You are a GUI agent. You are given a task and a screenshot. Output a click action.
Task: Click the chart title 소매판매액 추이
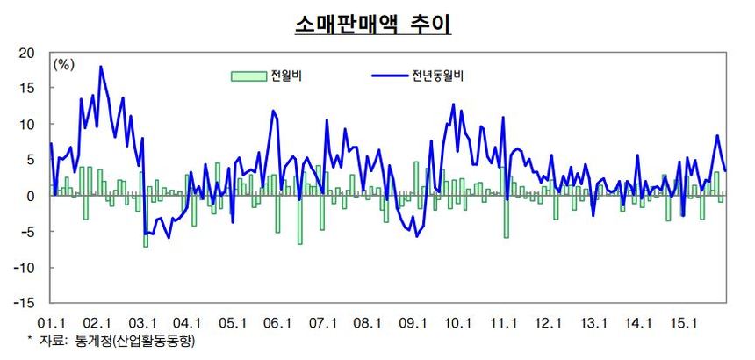pyautogui.click(x=372, y=24)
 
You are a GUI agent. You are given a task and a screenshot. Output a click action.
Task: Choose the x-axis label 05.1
pyautogui.click(x=231, y=323)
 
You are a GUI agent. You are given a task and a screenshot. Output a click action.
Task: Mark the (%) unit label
pyautogui.click(x=64, y=64)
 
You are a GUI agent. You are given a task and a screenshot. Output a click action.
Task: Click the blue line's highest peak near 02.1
pyautogui.click(x=101, y=67)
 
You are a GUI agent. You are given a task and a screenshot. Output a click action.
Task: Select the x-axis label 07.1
pyautogui.click(x=321, y=323)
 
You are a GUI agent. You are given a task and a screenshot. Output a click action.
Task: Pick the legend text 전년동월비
pyautogui.click(x=437, y=76)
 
